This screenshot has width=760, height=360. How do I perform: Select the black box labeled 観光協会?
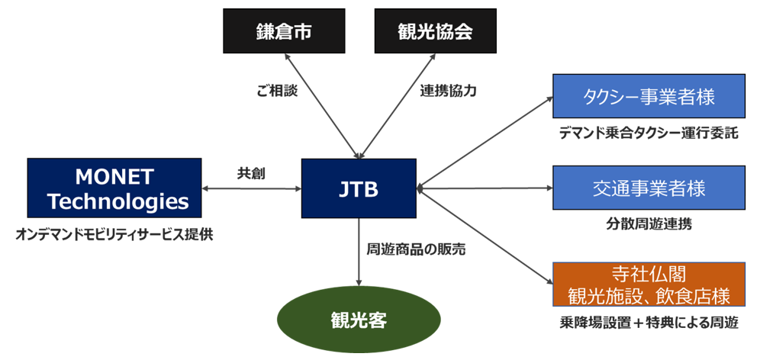click(435, 32)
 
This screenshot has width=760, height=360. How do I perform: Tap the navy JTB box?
click(359, 188)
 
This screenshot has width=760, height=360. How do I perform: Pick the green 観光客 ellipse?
click(359, 319)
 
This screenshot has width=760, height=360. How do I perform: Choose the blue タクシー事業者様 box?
click(649, 95)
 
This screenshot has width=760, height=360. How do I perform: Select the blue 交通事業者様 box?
click(649, 188)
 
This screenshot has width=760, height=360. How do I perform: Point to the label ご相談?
click(276, 91)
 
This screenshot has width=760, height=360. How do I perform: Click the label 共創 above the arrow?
click(251, 173)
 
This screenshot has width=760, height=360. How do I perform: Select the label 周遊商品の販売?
click(416, 249)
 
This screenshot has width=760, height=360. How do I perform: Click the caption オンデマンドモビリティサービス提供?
click(114, 234)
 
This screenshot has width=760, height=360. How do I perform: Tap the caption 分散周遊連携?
click(649, 226)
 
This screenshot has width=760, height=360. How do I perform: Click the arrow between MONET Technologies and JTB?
click(252, 188)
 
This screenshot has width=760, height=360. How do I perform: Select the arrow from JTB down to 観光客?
click(359, 252)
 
